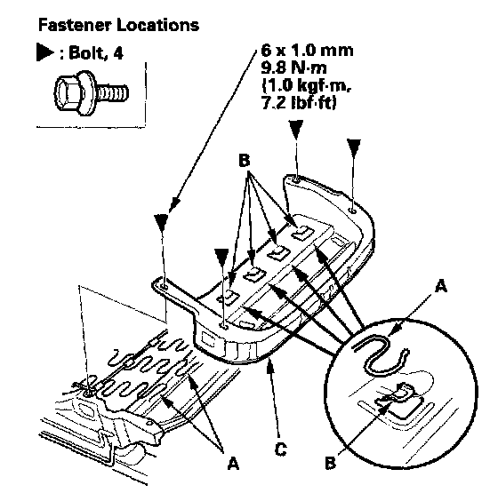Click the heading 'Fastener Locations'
tap(118, 25)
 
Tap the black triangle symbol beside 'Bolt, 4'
tap(45, 52)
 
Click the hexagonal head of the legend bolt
tap(72, 92)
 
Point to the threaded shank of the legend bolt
tap(113, 92)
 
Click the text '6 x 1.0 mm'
tap(307, 51)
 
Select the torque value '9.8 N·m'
tap(294, 68)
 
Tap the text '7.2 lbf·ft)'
tap(299, 103)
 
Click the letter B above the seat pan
tap(244, 161)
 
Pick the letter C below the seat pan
tap(281, 449)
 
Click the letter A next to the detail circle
tap(441, 286)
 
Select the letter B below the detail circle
tap(331, 462)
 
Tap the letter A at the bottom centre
tap(233, 463)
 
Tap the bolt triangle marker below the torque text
tap(296, 130)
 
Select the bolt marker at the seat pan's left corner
tap(161, 223)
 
